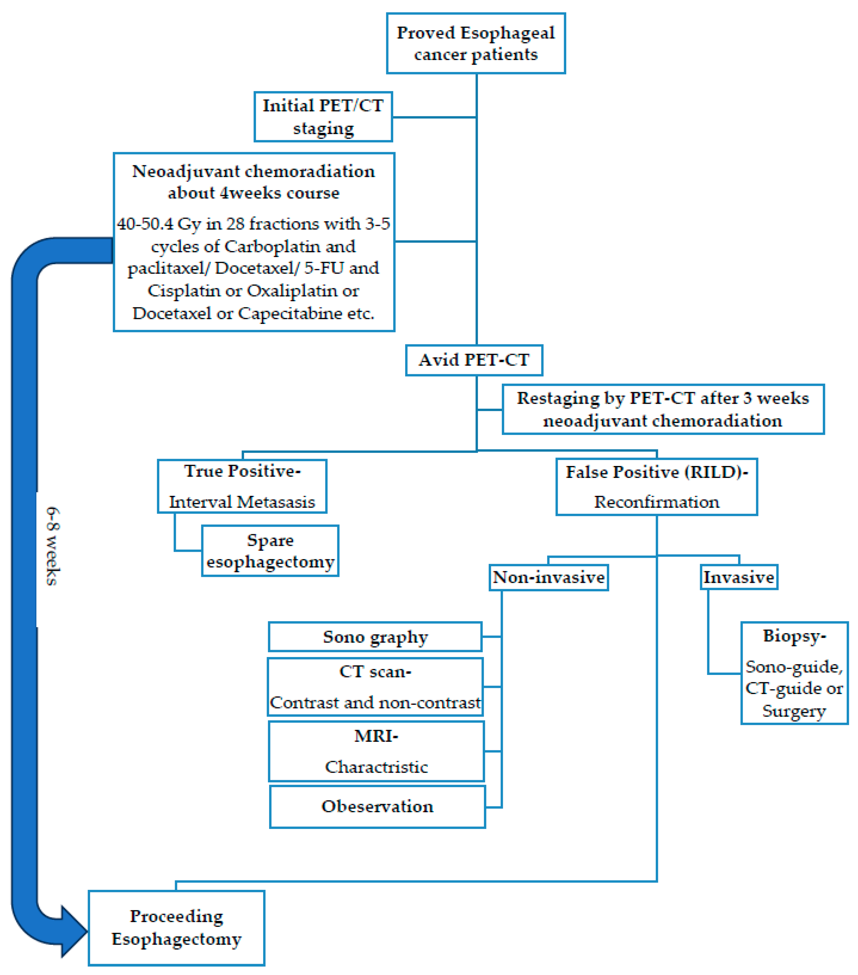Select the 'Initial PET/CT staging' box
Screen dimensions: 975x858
click(x=323, y=117)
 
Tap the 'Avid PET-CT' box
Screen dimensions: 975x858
click(x=474, y=360)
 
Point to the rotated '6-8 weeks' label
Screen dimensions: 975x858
click(x=53, y=546)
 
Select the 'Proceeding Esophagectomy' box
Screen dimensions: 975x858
click(x=176, y=928)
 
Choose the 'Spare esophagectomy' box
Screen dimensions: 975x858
click(x=270, y=551)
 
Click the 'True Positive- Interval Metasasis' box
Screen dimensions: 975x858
click(x=242, y=486)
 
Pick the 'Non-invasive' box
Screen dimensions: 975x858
click(x=549, y=578)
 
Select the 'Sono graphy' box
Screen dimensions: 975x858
click(x=375, y=637)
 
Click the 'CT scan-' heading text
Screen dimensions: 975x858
click(x=375, y=671)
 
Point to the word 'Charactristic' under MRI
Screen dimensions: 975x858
click(x=376, y=767)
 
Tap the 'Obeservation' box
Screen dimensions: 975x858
click(x=377, y=807)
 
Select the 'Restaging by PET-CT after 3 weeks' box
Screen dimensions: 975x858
click(x=663, y=409)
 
